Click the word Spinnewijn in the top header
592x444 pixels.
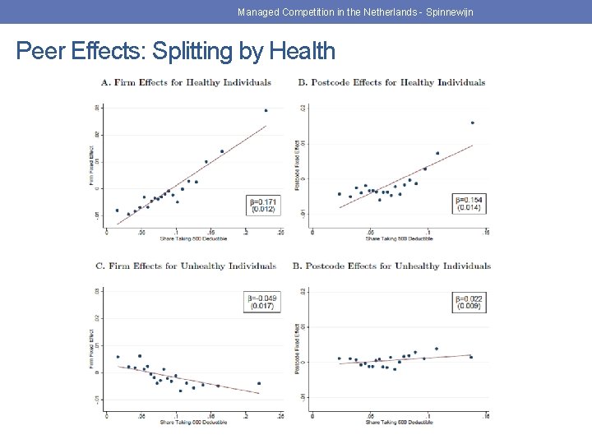click(446, 12)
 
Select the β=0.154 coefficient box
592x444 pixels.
click(468, 202)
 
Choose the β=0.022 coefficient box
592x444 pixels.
click(468, 301)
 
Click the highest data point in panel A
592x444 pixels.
click(266, 110)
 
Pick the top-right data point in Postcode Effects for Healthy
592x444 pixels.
click(472, 123)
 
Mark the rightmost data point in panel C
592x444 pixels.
click(259, 383)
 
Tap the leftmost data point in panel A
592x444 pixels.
click(117, 210)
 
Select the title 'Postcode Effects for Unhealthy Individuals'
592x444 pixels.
click(391, 266)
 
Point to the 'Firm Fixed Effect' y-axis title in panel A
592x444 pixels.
click(91, 165)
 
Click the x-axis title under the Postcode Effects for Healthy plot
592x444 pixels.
click(399, 239)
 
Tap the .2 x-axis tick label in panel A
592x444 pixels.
click(247, 232)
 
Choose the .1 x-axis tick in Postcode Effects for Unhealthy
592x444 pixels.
click(428, 416)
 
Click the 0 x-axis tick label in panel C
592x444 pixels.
click(106, 416)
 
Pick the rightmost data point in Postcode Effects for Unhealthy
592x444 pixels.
click(471, 357)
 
